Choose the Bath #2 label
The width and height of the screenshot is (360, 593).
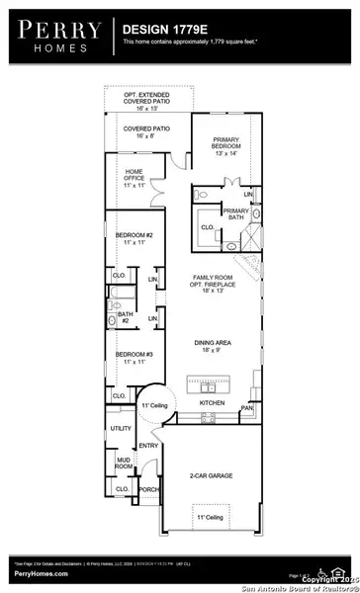(126, 316)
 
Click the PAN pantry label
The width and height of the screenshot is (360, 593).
(246, 406)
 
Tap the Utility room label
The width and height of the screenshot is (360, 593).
(121, 428)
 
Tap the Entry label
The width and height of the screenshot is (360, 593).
(148, 446)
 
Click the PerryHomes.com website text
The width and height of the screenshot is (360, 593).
(41, 572)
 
